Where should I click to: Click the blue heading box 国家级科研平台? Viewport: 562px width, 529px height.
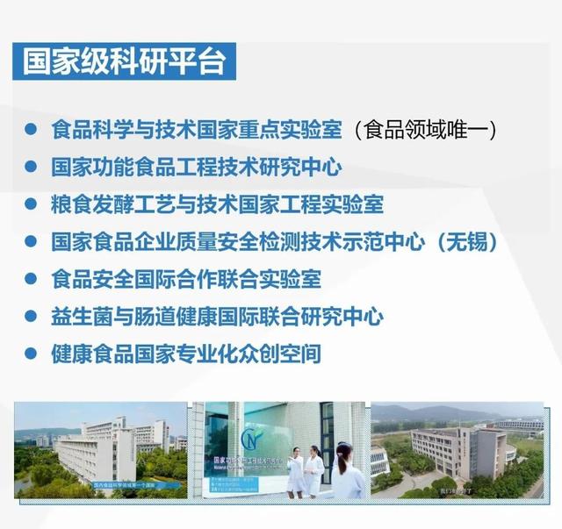[x=123, y=62]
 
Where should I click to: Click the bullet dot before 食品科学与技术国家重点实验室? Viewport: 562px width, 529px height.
[x=31, y=130]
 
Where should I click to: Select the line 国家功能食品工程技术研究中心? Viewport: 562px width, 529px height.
[x=196, y=167]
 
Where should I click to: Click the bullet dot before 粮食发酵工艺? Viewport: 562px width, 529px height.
[x=31, y=204]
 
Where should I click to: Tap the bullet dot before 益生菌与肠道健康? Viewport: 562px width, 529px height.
[x=31, y=317]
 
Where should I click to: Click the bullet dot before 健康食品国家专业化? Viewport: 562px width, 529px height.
[x=31, y=354]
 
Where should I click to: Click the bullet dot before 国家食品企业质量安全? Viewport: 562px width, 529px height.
[x=31, y=242]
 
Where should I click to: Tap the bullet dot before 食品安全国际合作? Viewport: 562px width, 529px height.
[x=31, y=280]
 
